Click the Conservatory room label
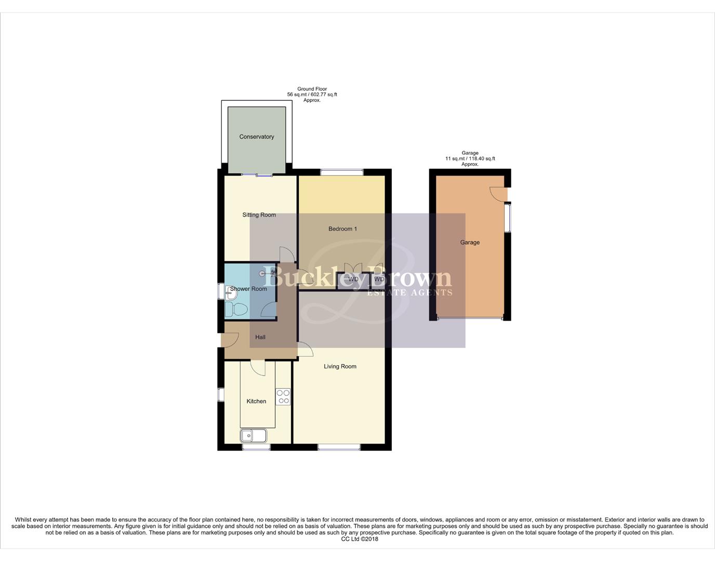256,137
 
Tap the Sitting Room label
259,215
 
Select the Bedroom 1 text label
342,229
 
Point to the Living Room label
340,367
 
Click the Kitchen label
256,402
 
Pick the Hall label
260,338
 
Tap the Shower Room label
248,289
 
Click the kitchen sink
254,435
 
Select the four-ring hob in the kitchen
283,397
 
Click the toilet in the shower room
236,310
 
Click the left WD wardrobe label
353,279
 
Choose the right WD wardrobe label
379,279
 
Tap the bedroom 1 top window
341,172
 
